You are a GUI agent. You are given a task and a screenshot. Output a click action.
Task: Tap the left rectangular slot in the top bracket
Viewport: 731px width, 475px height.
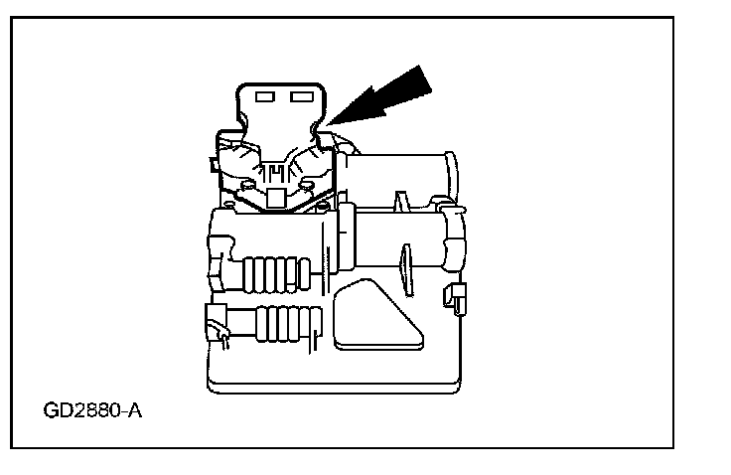tap(264, 97)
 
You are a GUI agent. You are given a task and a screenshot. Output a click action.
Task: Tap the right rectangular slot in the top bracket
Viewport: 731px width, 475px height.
tap(299, 97)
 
